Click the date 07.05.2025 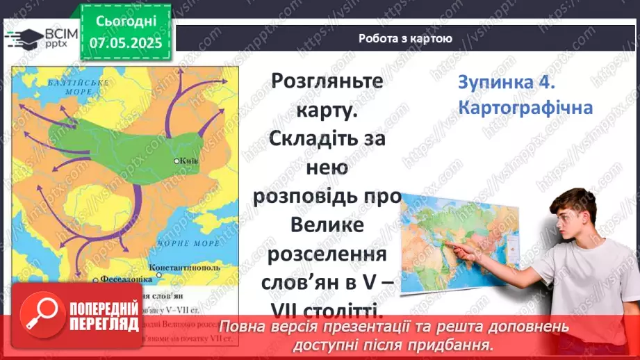point(125,43)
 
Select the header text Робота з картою point(406,39)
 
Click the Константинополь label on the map point(185,267)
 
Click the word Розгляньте point(327,81)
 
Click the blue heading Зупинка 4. point(506,82)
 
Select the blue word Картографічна point(525,108)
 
